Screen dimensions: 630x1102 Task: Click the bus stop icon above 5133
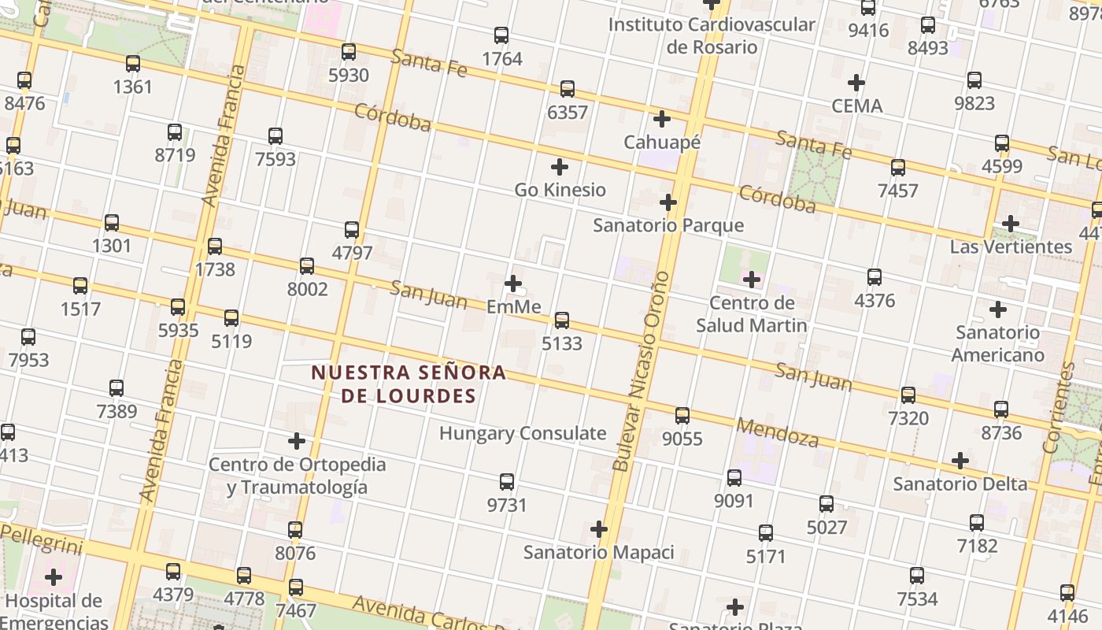click(x=561, y=320)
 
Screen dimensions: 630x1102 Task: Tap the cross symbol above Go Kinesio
click(x=560, y=167)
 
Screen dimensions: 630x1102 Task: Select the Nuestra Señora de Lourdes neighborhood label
click(x=409, y=384)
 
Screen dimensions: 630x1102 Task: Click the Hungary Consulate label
click(x=523, y=433)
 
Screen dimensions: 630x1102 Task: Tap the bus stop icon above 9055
click(x=682, y=415)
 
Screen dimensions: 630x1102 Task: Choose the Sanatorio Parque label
click(x=668, y=225)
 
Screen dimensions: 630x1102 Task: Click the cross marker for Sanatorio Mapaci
click(x=599, y=529)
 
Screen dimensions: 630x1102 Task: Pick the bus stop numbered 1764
click(x=501, y=35)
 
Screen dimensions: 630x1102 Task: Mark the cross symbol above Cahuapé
click(x=662, y=119)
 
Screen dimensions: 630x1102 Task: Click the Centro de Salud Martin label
click(x=752, y=314)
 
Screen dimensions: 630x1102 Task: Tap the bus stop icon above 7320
click(x=908, y=395)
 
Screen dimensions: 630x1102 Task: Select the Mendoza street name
click(x=778, y=432)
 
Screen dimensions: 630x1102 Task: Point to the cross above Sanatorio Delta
click(x=960, y=461)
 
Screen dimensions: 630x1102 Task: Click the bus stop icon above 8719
click(x=175, y=132)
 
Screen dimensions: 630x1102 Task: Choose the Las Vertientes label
click(x=1011, y=246)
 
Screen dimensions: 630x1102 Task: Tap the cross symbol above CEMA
click(x=856, y=83)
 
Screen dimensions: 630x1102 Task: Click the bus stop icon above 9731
click(x=507, y=482)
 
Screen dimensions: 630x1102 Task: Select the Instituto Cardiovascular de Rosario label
click(x=712, y=35)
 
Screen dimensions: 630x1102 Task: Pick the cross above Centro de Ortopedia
click(x=297, y=441)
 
